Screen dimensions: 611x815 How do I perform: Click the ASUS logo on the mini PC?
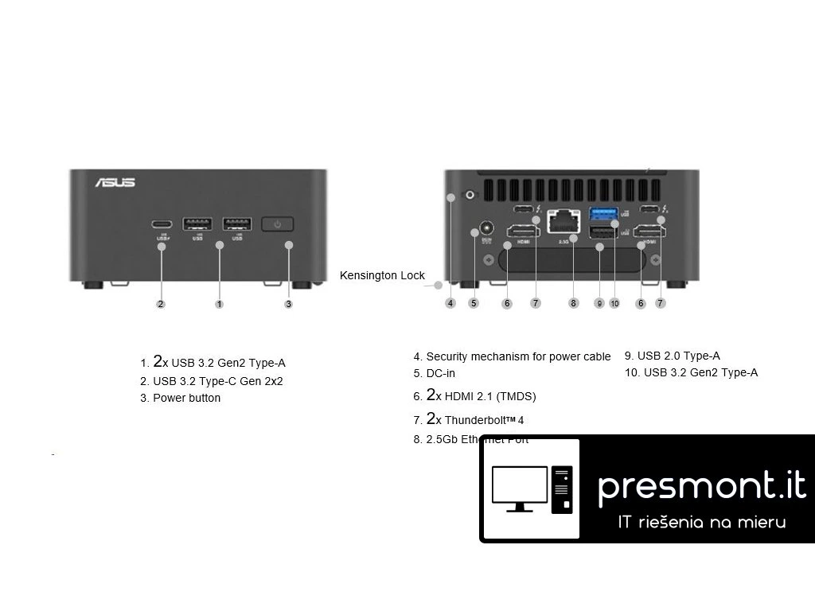pyautogui.click(x=115, y=182)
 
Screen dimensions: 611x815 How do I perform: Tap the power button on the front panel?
pyautogui.click(x=277, y=224)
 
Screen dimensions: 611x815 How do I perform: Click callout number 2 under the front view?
pyautogui.click(x=161, y=304)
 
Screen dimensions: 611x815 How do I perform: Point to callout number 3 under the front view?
pyautogui.click(x=288, y=304)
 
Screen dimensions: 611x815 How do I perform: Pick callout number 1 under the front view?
pyautogui.click(x=220, y=304)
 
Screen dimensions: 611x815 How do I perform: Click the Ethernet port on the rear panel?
pyautogui.click(x=564, y=221)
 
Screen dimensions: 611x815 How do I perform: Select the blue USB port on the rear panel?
pyautogui.click(x=602, y=213)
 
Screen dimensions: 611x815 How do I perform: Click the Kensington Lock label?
pyautogui.click(x=382, y=275)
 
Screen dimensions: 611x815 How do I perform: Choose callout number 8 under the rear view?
pyautogui.click(x=574, y=303)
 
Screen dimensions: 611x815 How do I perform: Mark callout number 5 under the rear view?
pyautogui.click(x=474, y=303)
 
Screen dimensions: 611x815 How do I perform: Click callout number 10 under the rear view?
pyautogui.click(x=614, y=303)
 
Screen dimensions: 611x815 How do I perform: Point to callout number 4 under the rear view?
pyautogui.click(x=450, y=303)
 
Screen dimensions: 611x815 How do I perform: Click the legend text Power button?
pyautogui.click(x=186, y=398)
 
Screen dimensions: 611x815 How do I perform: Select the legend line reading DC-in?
pyautogui.click(x=440, y=373)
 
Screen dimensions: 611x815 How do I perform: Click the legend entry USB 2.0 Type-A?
pyautogui.click(x=678, y=356)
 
